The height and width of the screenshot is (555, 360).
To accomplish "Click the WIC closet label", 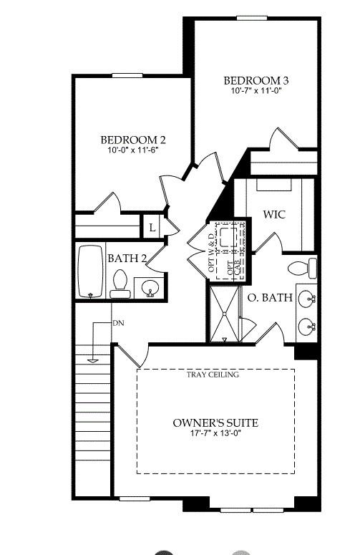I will (276, 214).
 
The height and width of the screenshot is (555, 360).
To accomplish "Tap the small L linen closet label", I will (152, 228).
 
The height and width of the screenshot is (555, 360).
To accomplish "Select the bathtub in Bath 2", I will (91, 272).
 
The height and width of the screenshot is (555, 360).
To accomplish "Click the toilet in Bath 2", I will (120, 284).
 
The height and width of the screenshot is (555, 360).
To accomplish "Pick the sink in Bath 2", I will (150, 288).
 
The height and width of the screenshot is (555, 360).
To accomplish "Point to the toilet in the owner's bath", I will (302, 269).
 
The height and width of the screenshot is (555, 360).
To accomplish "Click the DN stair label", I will (119, 324).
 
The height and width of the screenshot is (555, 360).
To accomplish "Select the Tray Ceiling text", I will (213, 375).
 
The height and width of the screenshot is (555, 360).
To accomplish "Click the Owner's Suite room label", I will (215, 423).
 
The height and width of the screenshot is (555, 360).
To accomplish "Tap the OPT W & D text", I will (211, 247).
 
